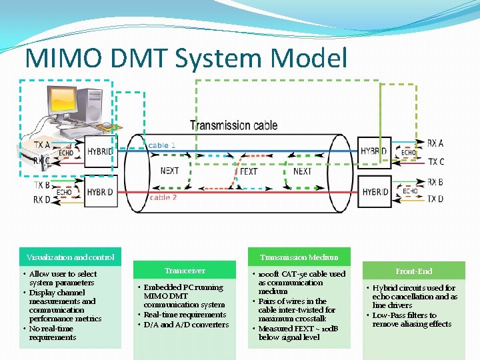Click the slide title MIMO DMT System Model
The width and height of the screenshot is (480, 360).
[186, 58]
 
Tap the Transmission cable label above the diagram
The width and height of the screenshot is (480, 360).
[235, 125]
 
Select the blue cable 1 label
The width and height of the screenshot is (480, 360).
[162, 145]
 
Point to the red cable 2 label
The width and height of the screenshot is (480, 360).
[163, 197]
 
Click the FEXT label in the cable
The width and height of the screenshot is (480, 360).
[248, 171]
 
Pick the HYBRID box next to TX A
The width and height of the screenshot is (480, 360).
[100, 152]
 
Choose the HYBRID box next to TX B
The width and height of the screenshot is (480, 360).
[100, 192]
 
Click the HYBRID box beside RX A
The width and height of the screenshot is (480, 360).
[373, 151]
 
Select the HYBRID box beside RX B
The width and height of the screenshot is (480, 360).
[375, 192]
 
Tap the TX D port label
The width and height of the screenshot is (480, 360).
[435, 199]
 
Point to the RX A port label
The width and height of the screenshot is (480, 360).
[435, 143]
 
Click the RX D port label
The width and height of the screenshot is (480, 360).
[41, 199]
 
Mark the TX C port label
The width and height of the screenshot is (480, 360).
[436, 161]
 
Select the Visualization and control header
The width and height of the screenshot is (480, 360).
[70, 257]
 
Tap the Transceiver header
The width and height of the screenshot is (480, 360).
[185, 271]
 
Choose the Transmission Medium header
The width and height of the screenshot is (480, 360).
[299, 257]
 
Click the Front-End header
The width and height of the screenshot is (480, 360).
[413, 271]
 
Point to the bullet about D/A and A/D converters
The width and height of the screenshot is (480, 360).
[186, 325]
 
